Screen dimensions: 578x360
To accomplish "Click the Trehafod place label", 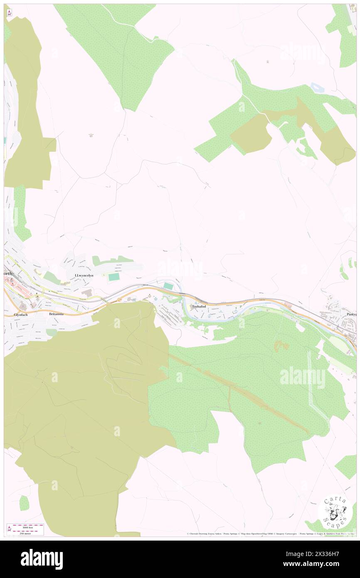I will [199, 306].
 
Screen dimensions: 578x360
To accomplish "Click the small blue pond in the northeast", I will [317, 87].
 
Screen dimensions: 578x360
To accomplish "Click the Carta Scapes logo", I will [335, 511].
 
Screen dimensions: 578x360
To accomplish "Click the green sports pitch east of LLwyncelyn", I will [114, 277].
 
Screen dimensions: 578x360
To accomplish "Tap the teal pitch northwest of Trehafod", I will [168, 286].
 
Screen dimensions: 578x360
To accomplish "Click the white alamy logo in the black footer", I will [42, 559].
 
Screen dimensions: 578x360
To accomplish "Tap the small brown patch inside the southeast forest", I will [282, 346].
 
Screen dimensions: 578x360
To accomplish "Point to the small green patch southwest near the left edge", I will [25, 503].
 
